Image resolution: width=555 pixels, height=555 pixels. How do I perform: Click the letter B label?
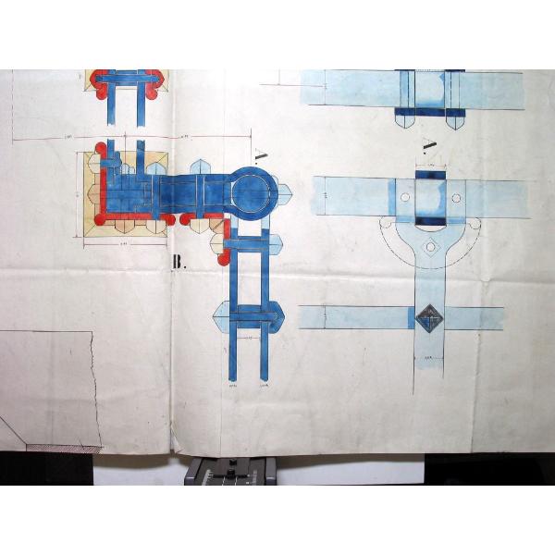tap(179, 263)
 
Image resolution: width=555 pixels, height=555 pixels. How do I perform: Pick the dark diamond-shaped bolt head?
tap(428, 318)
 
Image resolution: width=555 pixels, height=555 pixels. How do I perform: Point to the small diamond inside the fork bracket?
tap(429, 247)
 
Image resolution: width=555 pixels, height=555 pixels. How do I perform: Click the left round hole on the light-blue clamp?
tap(404, 197)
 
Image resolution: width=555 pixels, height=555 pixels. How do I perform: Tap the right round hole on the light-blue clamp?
tap(455, 197)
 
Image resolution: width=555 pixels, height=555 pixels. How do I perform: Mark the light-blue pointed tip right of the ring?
tap(284, 194)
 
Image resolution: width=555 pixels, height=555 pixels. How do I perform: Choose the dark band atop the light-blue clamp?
tap(429, 176)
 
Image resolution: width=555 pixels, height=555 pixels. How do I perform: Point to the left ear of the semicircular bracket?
tap(386, 224)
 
